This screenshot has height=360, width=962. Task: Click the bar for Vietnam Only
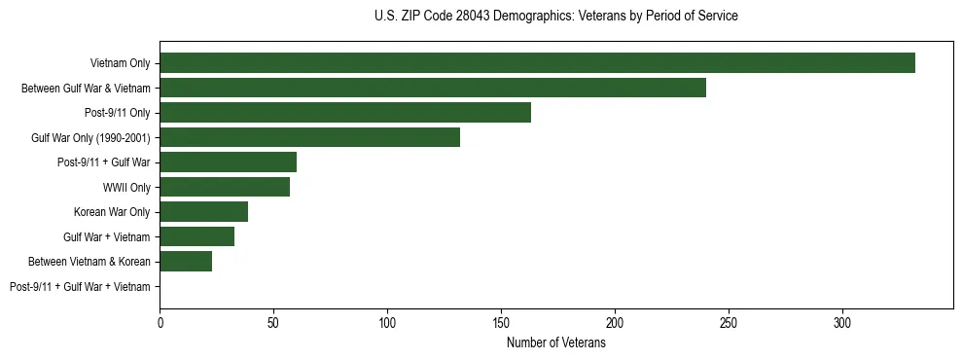[x=537, y=63]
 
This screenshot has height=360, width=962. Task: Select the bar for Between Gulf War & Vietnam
[x=433, y=88]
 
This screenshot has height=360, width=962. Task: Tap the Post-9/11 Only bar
[x=345, y=113]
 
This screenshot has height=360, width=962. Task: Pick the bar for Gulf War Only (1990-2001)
[x=309, y=137]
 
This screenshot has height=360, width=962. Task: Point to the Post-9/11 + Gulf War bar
[x=228, y=162]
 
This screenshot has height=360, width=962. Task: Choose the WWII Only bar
[x=225, y=187]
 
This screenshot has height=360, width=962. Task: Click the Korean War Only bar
[x=203, y=212]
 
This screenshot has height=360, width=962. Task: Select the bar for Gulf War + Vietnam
[x=196, y=236]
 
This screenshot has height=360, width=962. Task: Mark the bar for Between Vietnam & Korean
[x=186, y=262]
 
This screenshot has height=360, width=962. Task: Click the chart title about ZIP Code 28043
[x=555, y=17]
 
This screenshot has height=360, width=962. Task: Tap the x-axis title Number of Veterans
[x=555, y=343]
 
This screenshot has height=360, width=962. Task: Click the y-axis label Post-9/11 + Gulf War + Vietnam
[x=80, y=287]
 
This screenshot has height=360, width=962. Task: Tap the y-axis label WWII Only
[x=126, y=187]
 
